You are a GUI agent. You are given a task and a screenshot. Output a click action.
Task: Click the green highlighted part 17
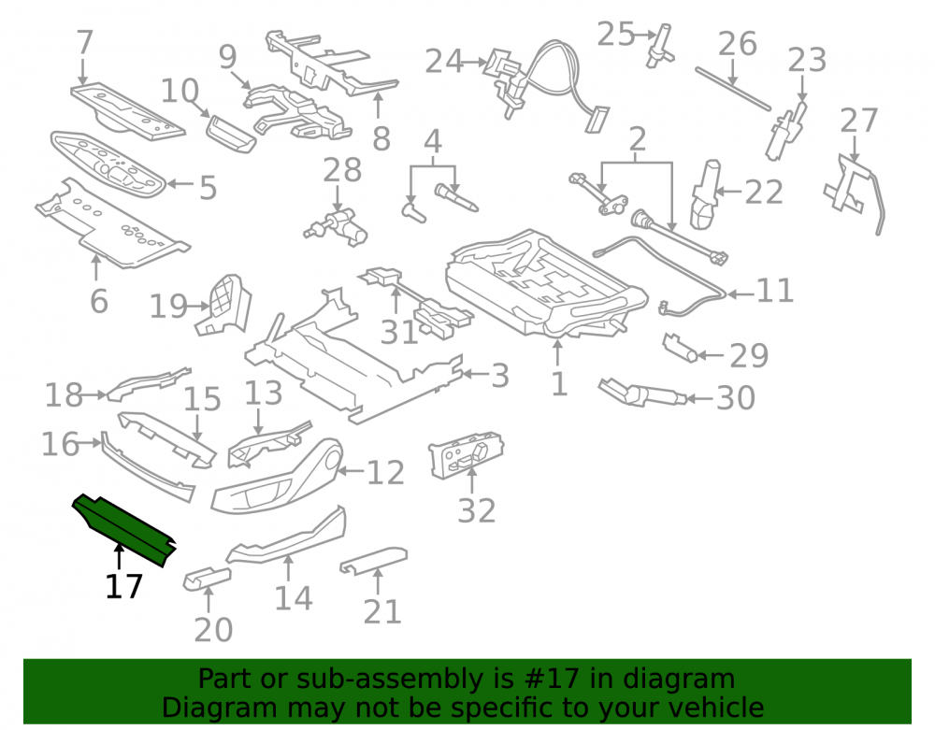click(x=124, y=530)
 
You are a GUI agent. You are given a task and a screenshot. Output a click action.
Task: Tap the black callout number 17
click(x=124, y=586)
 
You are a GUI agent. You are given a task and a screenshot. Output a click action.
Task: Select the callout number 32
click(x=477, y=510)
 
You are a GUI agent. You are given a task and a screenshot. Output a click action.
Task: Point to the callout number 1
click(x=559, y=384)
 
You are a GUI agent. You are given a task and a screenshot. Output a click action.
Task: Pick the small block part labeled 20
click(x=207, y=579)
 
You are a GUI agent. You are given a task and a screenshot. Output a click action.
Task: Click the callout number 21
click(x=382, y=612)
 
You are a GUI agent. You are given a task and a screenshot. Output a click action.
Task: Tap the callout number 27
click(x=858, y=121)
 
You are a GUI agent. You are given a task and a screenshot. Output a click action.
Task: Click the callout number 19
click(x=168, y=307)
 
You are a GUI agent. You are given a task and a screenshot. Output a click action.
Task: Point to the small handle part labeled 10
click(x=231, y=134)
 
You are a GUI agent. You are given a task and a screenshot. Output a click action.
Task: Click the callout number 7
click(x=85, y=42)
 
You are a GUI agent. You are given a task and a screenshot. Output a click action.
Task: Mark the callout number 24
click(x=444, y=62)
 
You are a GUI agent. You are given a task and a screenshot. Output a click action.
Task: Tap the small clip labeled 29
click(x=680, y=348)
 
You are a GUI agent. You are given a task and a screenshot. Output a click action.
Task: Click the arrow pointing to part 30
click(x=699, y=398)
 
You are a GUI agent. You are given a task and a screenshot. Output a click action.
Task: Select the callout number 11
click(x=774, y=292)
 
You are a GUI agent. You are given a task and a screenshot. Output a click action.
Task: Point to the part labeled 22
click(x=705, y=194)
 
